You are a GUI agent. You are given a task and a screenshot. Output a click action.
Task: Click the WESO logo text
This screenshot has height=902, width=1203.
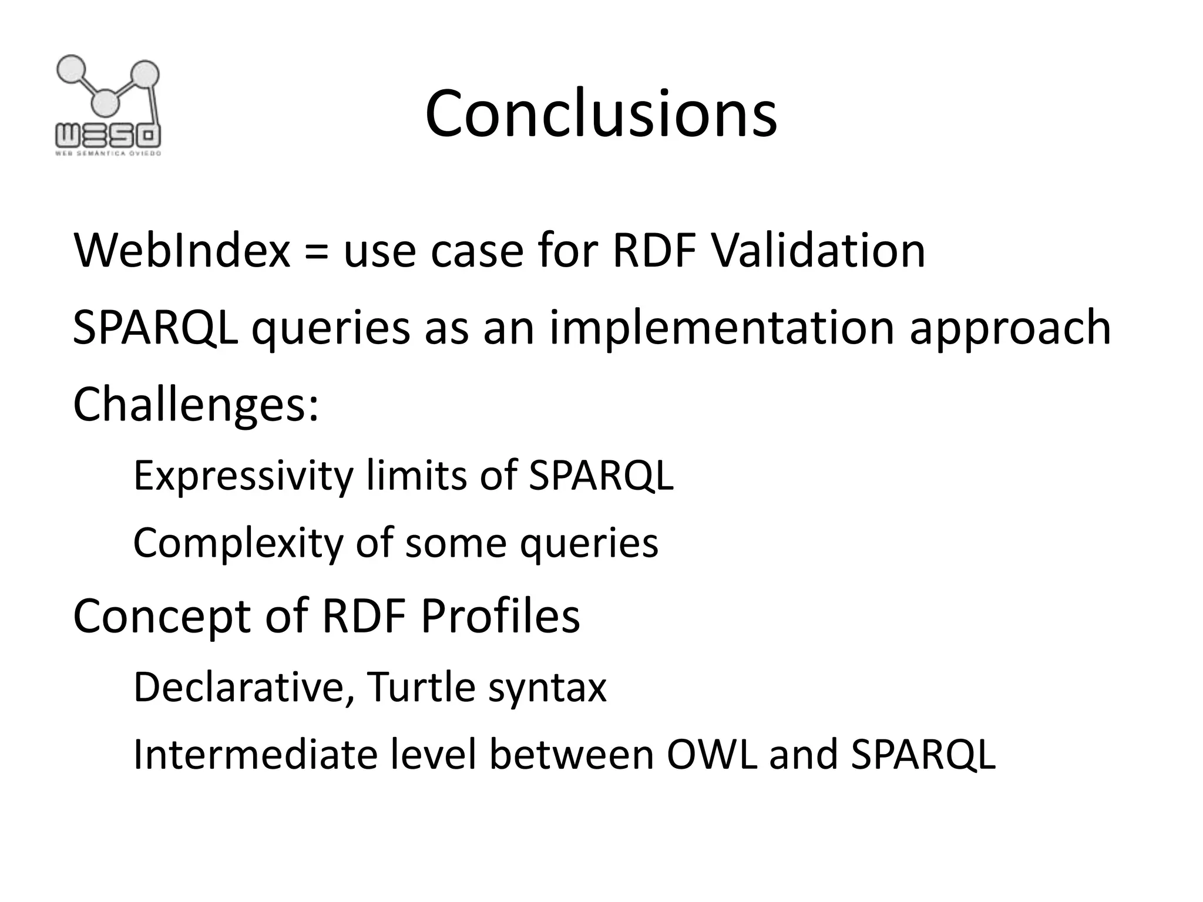(108, 136)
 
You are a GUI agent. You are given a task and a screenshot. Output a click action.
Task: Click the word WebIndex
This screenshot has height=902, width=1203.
(182, 251)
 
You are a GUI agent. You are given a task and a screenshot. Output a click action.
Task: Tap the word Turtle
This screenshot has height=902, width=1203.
(421, 687)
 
